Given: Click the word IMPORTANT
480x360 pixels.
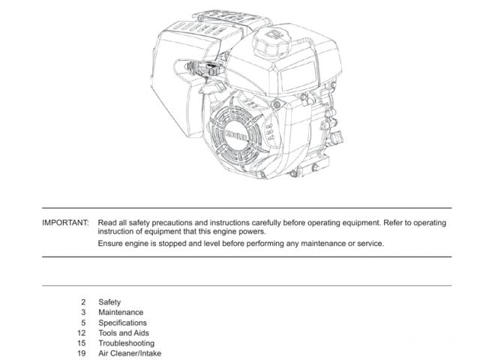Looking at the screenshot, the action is [x=65, y=223].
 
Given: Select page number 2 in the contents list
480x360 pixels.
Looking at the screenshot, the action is [x=83, y=302].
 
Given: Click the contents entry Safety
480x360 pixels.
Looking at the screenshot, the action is [x=109, y=302].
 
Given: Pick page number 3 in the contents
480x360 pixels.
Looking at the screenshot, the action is [x=83, y=313].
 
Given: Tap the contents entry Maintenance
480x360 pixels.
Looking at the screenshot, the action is [x=121, y=313].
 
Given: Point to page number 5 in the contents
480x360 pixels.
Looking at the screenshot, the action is [x=83, y=322].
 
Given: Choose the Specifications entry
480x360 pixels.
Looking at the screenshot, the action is [x=122, y=322].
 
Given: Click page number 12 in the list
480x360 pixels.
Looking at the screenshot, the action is [x=82, y=333].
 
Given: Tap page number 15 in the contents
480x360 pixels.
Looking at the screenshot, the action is [x=82, y=343].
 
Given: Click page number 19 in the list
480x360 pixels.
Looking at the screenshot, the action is [x=82, y=353].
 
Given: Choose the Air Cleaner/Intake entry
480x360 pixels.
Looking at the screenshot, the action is [x=130, y=353].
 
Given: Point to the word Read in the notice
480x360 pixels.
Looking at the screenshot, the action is [x=107, y=223].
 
